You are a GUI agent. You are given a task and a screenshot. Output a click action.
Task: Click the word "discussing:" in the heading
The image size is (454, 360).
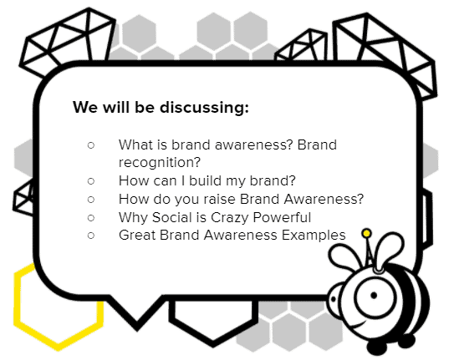(204, 108)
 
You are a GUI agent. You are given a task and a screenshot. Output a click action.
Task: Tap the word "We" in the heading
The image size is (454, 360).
(85, 107)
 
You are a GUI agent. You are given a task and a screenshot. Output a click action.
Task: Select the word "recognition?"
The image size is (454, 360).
(159, 163)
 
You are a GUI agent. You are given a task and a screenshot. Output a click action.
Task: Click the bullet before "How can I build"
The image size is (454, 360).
(91, 181)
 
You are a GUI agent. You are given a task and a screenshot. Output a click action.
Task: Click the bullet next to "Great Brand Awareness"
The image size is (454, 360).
(91, 236)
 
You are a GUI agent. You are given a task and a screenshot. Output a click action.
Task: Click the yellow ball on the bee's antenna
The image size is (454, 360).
(366, 233)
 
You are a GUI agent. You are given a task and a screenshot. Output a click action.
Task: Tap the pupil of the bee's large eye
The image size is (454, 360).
(374, 296)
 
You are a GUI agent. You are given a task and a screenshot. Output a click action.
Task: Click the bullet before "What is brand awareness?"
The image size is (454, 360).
(91, 145)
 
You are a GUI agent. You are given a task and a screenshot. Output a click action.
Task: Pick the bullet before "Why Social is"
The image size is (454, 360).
(91, 217)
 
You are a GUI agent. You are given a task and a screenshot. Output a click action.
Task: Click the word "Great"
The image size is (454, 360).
(137, 235)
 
